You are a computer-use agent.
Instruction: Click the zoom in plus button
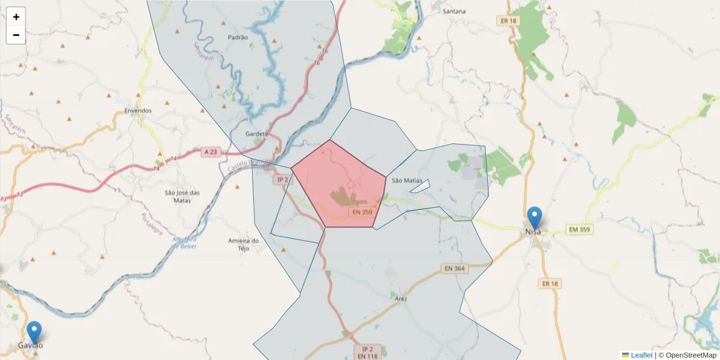pyautogui.click(x=16, y=17)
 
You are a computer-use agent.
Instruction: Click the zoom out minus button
pyautogui.click(x=16, y=35)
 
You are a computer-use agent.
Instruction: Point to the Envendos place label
pyautogui.click(x=138, y=111)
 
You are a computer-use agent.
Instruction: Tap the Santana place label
pyautogui.click(x=454, y=11)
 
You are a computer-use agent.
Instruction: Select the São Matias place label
pyautogui.click(x=407, y=181)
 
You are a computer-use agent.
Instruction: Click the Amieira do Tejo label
pyautogui.click(x=243, y=244)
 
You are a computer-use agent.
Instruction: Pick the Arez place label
pyautogui.click(x=401, y=298)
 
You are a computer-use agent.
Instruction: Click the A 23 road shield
pyautogui.click(x=210, y=152)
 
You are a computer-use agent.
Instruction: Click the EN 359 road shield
pyautogui.click(x=362, y=212)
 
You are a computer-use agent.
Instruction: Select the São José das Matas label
pyautogui.click(x=182, y=196)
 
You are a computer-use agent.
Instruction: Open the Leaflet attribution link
pyautogui.click(x=641, y=355)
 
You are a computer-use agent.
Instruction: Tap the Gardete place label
pyautogui.click(x=257, y=134)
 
